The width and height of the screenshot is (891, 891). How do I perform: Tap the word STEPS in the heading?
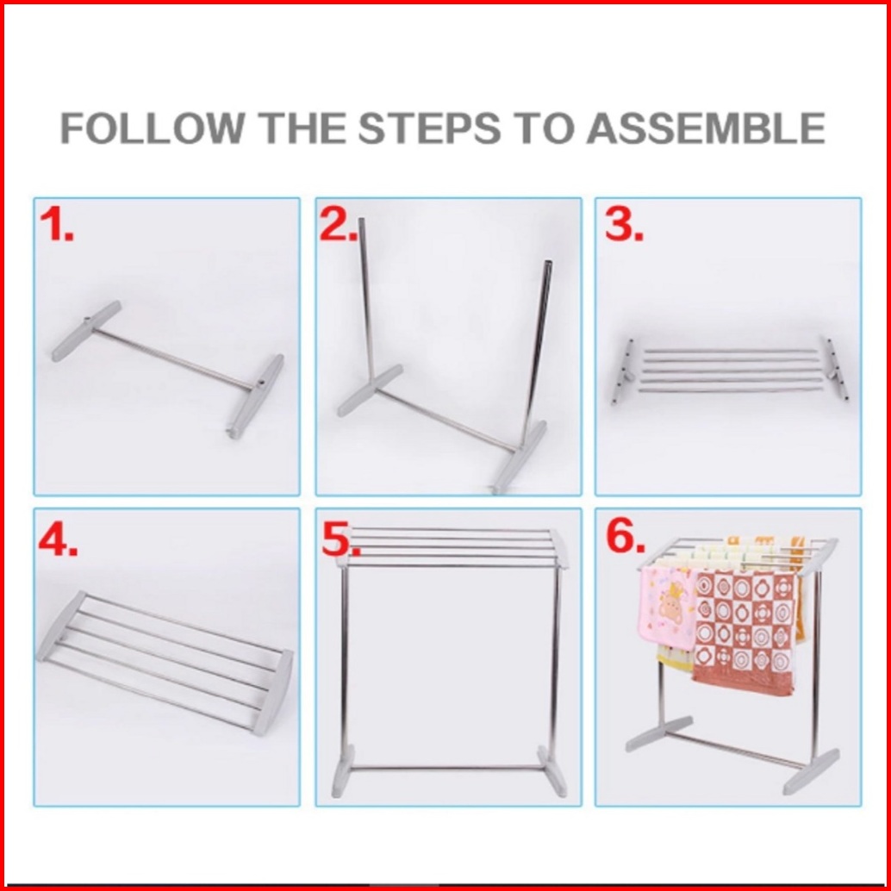point(429,128)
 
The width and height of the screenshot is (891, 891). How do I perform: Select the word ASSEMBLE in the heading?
point(706,128)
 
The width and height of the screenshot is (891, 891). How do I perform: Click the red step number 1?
point(56,224)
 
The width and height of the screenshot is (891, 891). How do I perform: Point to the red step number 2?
point(339,224)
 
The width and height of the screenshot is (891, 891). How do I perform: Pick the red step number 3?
point(624,224)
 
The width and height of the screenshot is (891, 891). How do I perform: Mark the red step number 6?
point(626,537)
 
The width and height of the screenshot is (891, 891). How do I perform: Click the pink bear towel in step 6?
point(666,608)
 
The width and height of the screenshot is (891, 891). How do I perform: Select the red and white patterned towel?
point(744,632)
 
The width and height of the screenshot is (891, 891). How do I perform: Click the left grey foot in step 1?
point(86,331)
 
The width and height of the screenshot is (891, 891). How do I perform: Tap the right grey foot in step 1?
point(256,396)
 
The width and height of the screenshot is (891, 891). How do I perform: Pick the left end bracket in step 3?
point(623,371)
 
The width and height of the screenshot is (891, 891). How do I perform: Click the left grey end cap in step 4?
point(61,626)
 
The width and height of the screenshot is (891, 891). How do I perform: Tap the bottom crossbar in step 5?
point(446,768)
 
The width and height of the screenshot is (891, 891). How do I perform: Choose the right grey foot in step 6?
point(810,771)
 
